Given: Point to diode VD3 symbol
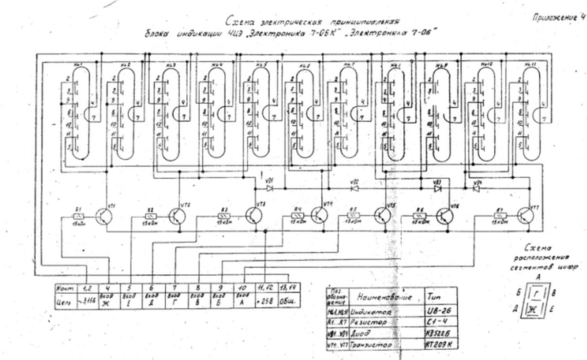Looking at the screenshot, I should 438,188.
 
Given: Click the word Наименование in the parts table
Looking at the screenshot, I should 385,297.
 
